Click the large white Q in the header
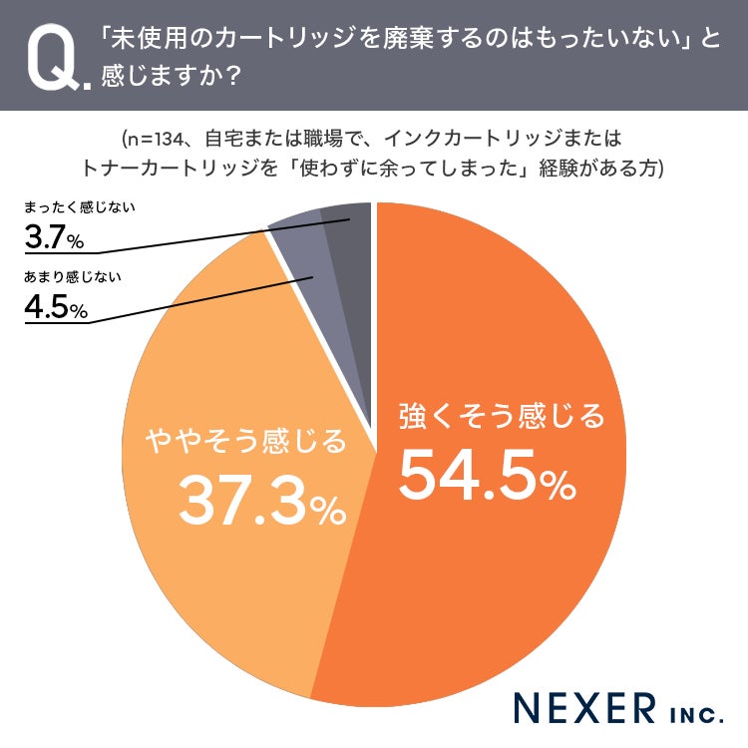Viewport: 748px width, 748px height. (54, 56)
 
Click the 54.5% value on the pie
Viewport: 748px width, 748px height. (488, 476)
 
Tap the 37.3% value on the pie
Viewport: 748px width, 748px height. (262, 501)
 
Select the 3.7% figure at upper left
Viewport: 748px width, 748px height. (54, 236)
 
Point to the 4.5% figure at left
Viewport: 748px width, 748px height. (56, 306)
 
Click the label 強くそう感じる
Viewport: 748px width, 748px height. (502, 416)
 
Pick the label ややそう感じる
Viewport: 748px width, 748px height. (246, 440)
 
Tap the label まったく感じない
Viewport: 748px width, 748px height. (80, 207)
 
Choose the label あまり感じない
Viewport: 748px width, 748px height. (73, 276)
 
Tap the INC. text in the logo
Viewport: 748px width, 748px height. (697, 714)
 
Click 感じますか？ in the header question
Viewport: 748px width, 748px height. (170, 76)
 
